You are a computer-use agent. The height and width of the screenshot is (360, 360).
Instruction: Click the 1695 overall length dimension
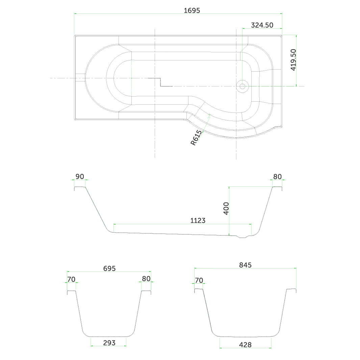192,10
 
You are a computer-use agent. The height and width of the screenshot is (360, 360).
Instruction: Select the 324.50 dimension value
262,25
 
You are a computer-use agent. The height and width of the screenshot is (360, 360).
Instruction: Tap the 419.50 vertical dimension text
293,60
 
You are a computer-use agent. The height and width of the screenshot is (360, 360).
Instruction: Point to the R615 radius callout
196,138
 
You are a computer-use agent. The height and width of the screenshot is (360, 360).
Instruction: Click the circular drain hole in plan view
242,86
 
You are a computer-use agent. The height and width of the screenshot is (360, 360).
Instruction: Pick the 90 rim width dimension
80,177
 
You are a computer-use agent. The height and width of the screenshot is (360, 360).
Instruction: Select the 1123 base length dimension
198,221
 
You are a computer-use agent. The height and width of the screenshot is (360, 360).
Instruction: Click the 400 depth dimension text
226,208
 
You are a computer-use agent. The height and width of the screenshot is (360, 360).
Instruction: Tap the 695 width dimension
109,268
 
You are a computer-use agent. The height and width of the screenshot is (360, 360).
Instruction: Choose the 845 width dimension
246,265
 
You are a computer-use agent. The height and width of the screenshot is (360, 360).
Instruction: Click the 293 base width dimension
109,343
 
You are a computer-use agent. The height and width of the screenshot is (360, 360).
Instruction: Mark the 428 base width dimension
245,345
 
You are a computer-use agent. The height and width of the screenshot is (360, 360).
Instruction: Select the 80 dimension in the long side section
277,177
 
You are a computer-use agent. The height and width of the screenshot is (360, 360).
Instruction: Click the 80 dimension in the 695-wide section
146,279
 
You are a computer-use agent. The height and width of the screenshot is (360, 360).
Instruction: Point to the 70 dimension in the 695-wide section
71,279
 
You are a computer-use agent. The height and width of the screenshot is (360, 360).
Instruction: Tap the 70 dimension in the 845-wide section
199,280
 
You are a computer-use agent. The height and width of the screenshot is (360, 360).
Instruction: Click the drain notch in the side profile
242,237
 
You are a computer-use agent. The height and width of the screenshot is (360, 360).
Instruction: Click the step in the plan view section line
160,82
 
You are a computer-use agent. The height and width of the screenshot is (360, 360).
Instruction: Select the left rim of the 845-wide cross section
199,290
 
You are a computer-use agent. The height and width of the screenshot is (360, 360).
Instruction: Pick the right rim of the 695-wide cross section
146,291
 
